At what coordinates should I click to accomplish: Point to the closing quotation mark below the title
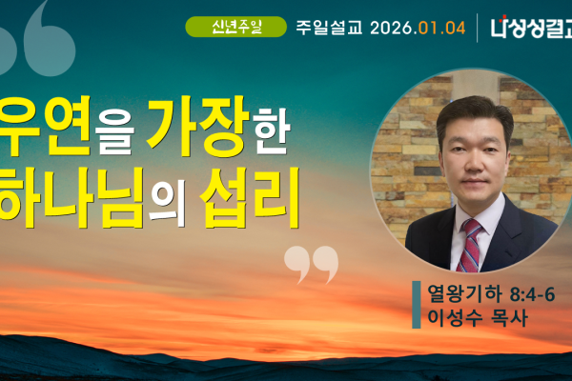click(x=311, y=264)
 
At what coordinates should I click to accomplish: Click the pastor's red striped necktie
click(x=470, y=243)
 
